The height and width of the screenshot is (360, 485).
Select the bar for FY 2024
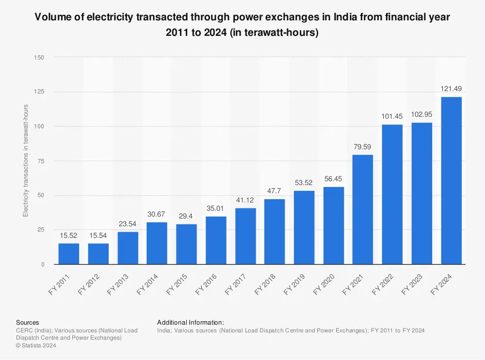point(451,181)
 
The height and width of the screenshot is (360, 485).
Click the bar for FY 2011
point(69,254)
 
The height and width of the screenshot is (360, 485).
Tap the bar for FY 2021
point(363,210)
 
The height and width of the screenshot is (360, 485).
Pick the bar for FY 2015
point(186,244)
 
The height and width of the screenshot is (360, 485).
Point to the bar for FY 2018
point(275,232)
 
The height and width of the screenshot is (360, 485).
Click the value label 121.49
point(451,89)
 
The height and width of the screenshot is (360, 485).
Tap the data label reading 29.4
point(186,216)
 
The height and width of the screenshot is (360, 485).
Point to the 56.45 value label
point(334,178)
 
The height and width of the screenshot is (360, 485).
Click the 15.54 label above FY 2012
point(98,235)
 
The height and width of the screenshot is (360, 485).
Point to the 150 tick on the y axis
point(39,58)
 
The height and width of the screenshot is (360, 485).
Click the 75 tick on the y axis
point(41,161)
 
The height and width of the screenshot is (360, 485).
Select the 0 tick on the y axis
point(43,265)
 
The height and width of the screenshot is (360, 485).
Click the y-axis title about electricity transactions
point(26,161)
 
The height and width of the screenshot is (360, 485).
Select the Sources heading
point(28,322)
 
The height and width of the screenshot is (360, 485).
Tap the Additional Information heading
point(190,322)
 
